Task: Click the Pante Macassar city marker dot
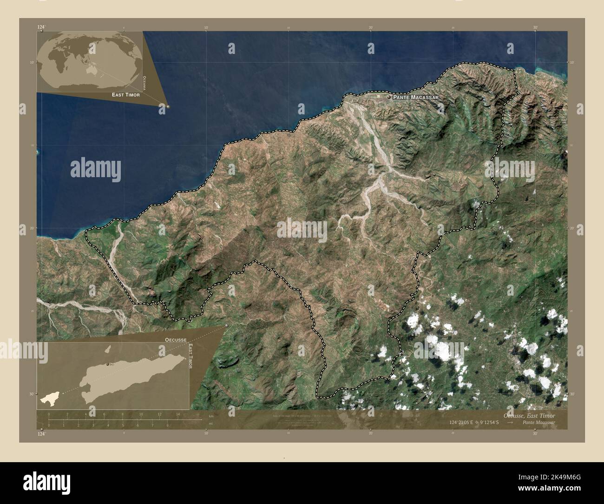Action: pos(389,97)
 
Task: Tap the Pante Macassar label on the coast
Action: pos(415,98)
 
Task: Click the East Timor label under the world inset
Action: pos(125,94)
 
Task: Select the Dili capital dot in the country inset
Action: pos(108,364)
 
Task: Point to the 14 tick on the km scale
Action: pos(178,414)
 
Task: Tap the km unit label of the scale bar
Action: pos(211,416)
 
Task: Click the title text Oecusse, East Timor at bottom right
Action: pos(529,415)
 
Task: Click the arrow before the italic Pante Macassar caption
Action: pos(510,423)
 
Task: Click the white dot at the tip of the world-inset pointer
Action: pos(162,106)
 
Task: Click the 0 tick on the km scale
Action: pos(49,414)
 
